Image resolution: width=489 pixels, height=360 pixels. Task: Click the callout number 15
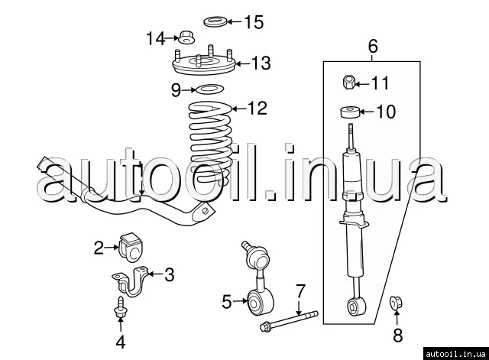[254, 22]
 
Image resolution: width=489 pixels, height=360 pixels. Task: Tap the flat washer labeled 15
[215, 22]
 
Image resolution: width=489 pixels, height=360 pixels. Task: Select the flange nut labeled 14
[186, 37]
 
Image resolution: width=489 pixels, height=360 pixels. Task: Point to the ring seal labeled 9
[209, 90]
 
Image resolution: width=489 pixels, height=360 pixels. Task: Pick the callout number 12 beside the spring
[257, 109]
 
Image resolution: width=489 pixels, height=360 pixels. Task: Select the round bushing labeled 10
[350, 112]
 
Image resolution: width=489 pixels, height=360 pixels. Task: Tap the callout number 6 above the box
[372, 46]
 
